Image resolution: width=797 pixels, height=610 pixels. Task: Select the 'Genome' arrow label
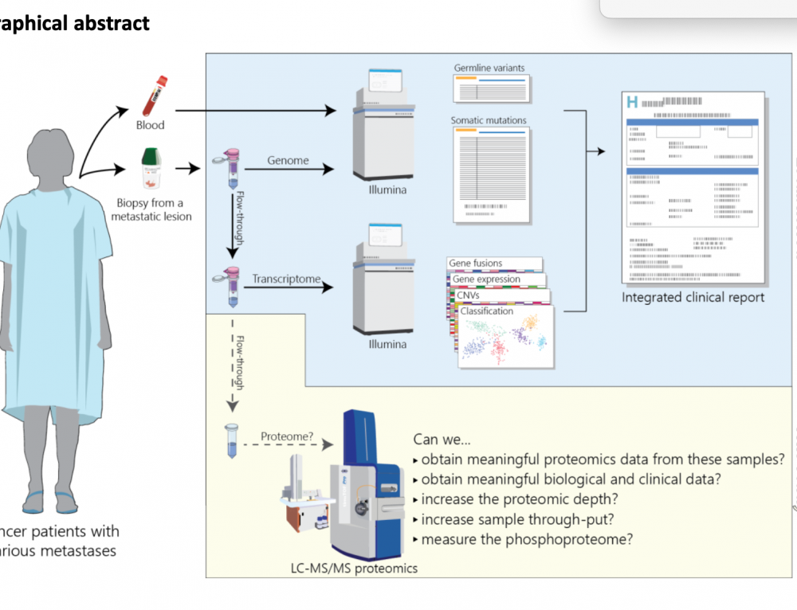[x=288, y=160]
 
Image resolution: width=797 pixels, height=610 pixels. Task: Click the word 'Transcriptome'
[x=287, y=279]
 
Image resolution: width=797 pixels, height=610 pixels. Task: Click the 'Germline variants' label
[x=489, y=68]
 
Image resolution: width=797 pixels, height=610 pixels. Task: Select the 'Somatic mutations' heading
[x=489, y=121]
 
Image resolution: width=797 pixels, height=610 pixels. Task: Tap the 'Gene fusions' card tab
[x=476, y=264]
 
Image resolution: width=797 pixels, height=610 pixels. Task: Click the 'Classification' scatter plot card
[x=505, y=338]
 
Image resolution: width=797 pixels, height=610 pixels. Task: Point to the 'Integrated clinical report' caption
[x=693, y=298]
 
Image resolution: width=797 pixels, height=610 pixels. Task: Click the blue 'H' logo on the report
[x=633, y=101]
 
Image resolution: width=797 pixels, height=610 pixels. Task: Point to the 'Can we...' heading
[x=442, y=439]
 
